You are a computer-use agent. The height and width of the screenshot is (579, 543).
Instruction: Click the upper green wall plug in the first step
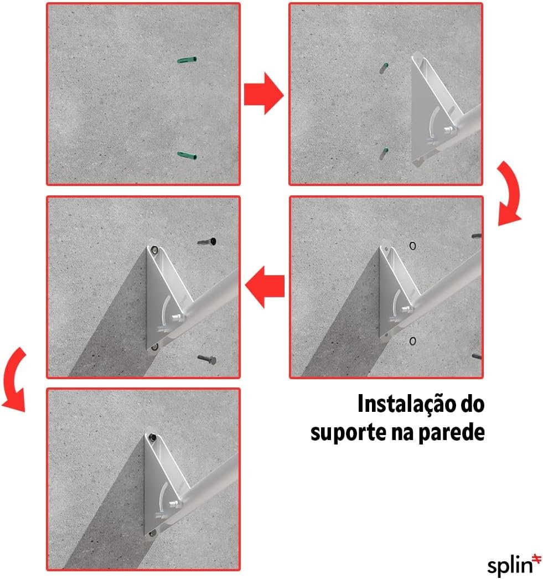pyautogui.click(x=187, y=59)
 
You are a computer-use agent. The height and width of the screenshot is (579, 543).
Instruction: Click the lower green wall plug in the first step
pyautogui.click(x=187, y=155)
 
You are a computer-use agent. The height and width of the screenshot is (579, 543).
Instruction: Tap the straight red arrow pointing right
pyautogui.click(x=263, y=94)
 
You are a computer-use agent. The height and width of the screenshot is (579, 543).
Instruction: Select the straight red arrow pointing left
pyautogui.click(x=265, y=287)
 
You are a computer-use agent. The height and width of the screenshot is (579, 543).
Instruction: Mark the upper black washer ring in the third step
pyautogui.click(x=413, y=246)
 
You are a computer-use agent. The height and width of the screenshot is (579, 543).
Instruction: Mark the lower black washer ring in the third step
pyautogui.click(x=413, y=341)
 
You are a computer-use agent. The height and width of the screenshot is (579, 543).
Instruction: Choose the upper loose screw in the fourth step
pyautogui.click(x=207, y=242)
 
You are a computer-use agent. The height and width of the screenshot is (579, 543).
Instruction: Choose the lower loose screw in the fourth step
pyautogui.click(x=207, y=359)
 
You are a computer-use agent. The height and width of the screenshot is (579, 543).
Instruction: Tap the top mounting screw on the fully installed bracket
pyautogui.click(x=152, y=438)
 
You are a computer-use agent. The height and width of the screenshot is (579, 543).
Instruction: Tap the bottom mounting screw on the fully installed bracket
pyautogui.click(x=151, y=533)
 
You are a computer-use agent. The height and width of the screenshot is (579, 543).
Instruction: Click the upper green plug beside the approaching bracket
pyautogui.click(x=384, y=68)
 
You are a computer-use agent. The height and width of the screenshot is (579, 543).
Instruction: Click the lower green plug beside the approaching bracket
pyautogui.click(x=384, y=153)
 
